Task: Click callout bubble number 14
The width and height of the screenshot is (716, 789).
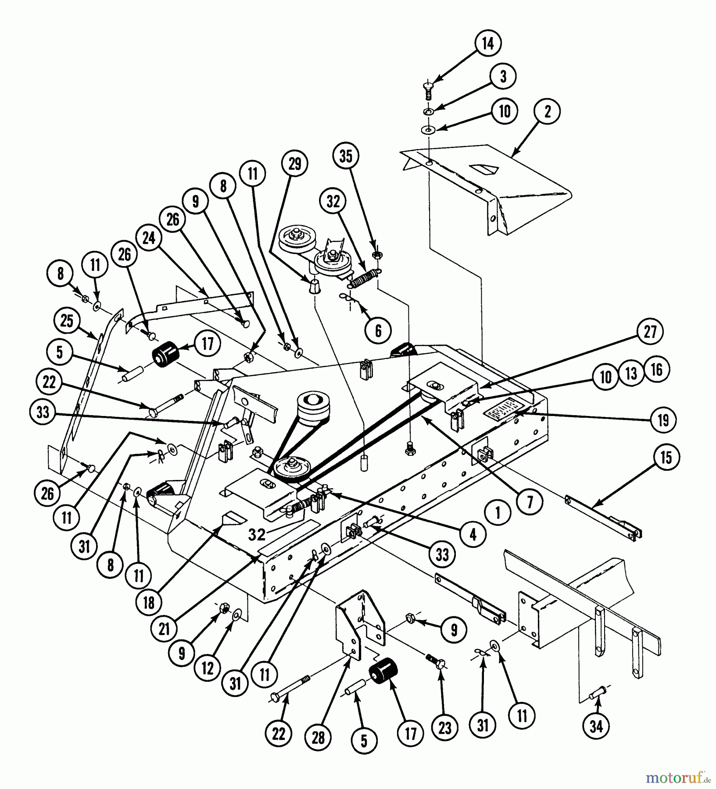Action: coord(488,44)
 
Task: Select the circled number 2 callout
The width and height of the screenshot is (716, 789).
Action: coord(547,111)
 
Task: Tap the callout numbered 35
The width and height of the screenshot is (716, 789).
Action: coord(346,156)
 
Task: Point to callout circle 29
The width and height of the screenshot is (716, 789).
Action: coord(295,164)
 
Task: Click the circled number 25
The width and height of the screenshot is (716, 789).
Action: coord(67,321)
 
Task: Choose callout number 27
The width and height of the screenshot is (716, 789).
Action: coord(650,332)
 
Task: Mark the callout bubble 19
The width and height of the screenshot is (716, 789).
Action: coord(663,420)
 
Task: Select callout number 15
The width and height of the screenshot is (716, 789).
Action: coord(666,458)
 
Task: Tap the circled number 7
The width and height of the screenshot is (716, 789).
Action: coord(530,502)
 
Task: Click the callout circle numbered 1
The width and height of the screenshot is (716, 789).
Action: coord(498,513)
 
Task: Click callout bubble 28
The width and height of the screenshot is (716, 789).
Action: coord(318,738)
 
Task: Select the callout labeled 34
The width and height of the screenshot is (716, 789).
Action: coord(596,727)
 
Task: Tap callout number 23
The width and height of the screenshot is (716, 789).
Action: coord(444,728)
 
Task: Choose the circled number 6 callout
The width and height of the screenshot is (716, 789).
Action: coord(378,331)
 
